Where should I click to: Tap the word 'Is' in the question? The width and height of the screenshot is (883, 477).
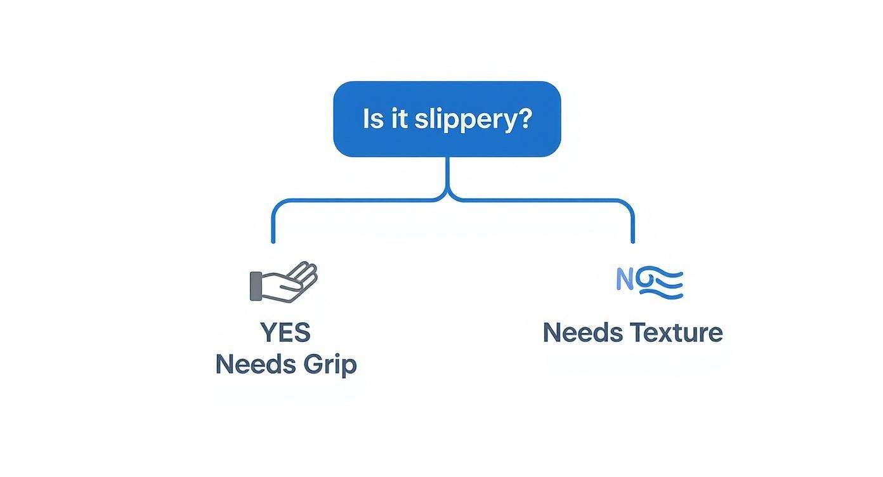point(373,119)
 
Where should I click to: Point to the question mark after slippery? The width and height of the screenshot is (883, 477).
point(524,119)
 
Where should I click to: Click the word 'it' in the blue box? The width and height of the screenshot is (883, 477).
point(399,119)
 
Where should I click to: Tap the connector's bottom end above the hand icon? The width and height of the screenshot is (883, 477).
point(273,240)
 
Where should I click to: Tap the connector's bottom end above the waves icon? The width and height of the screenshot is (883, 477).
point(632,240)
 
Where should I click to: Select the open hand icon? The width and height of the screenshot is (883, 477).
point(284,282)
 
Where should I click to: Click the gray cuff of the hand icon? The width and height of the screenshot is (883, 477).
point(256,286)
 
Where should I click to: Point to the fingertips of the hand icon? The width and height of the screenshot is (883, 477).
point(310,270)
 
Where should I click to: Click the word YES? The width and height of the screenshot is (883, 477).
point(285,332)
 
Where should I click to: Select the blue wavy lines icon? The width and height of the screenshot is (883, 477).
point(660,283)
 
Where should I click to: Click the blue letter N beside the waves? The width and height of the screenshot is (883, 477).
point(625,280)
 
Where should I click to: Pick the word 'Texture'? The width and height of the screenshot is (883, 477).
point(676,332)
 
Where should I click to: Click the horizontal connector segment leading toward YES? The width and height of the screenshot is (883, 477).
point(355,201)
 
